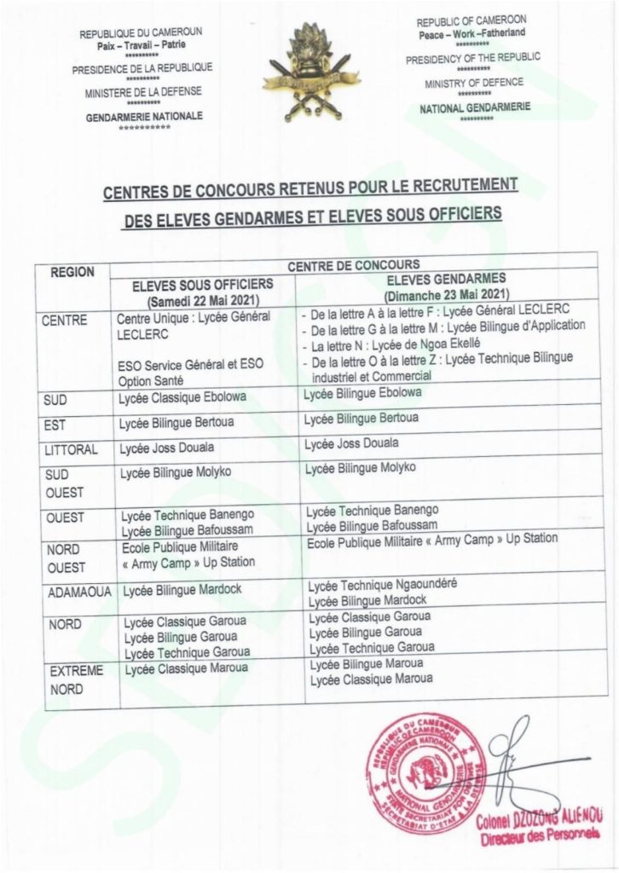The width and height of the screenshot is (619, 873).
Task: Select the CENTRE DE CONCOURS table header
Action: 353,265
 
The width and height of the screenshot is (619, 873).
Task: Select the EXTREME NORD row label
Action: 76,680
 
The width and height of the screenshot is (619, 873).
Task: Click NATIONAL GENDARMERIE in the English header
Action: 475,108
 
